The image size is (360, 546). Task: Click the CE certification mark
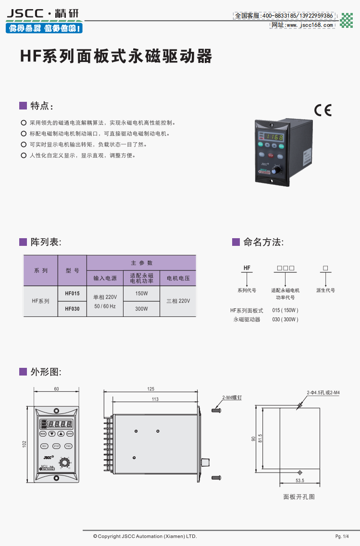click(323, 110)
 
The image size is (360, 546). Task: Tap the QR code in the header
click(346, 20)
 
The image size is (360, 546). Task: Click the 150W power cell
click(141, 293)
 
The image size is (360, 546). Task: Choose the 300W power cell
click(141, 309)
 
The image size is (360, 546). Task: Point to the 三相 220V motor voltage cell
click(178, 301)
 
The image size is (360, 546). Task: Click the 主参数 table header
click(141, 263)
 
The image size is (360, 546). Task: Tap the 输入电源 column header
click(105, 278)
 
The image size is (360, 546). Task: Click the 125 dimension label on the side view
click(151, 389)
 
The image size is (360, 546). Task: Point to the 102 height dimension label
click(25, 445)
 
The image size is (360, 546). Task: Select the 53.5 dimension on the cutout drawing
click(300, 480)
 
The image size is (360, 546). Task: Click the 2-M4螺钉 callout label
click(232, 398)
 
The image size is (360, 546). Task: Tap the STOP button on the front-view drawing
click(56, 446)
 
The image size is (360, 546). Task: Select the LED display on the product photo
click(272, 137)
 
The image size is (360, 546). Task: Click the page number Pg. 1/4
click(342, 536)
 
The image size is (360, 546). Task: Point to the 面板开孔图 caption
click(299, 497)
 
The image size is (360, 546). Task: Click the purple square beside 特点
click(23, 105)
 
